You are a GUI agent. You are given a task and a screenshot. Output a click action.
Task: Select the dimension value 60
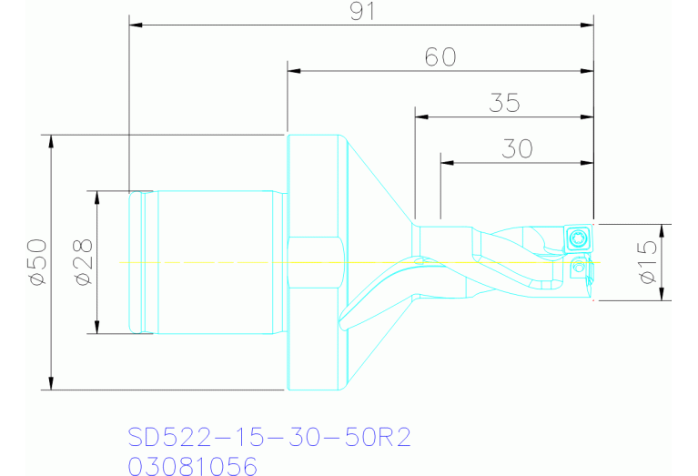[x=440, y=57]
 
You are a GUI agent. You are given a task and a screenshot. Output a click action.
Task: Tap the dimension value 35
[x=503, y=103]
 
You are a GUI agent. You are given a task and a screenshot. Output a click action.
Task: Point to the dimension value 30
[x=517, y=148]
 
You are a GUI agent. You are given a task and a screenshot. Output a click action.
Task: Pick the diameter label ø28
[x=82, y=262]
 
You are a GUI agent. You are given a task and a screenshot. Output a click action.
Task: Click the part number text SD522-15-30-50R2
[x=270, y=438]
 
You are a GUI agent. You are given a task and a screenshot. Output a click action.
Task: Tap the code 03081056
[x=193, y=465]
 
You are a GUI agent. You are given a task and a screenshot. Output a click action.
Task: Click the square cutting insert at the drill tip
[x=577, y=240]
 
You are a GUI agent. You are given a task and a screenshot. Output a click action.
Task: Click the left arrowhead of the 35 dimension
[x=420, y=116]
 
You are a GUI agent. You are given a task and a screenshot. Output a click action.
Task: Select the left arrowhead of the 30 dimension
[x=447, y=162]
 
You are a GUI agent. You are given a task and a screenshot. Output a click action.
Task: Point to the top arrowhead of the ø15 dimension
[x=663, y=229]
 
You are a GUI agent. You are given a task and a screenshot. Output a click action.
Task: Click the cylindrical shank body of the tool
[x=214, y=262]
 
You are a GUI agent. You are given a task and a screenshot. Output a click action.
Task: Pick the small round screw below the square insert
[x=578, y=268]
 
